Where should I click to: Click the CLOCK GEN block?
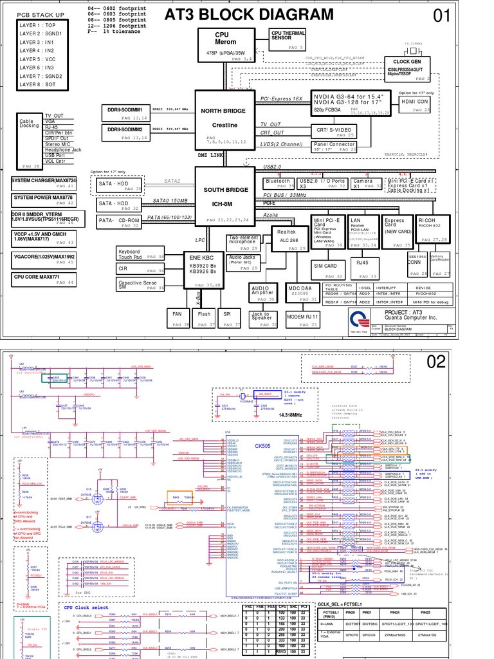tap(405, 67)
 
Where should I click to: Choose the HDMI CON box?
tap(415, 102)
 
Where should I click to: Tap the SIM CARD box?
tap(325, 266)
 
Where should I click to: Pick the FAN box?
tap(178, 317)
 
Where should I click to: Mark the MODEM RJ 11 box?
tap(302, 317)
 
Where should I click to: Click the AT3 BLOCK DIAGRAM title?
tap(250, 14)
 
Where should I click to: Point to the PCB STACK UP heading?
tap(41, 14)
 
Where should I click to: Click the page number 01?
tap(442, 16)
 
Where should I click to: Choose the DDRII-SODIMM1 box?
tap(125, 111)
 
